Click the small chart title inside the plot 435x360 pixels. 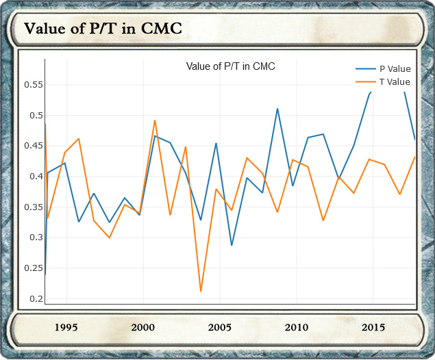tap(231, 66)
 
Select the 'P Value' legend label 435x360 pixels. tap(395, 68)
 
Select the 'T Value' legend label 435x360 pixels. tap(395, 82)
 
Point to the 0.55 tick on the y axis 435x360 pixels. tap(33, 85)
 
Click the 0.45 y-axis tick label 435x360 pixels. tap(33, 146)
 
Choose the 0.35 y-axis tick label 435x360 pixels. tap(33, 207)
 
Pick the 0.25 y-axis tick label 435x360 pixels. tap(33, 268)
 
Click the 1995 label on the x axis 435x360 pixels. tap(66, 327)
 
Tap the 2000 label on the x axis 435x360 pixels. tap(143, 327)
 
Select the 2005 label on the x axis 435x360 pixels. tap(220, 327)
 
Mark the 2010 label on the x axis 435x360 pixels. tap(296, 327)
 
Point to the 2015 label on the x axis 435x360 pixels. tap(373, 327)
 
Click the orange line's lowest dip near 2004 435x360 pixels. tap(201, 291)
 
